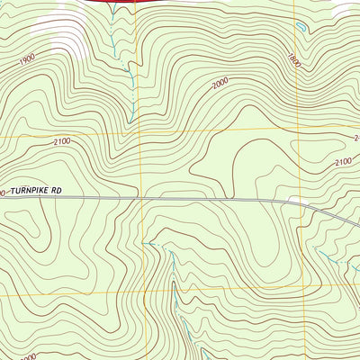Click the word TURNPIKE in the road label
click(30, 192)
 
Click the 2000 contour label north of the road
click(220, 84)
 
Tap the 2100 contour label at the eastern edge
click(343, 162)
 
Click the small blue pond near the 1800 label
click(300, 28)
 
